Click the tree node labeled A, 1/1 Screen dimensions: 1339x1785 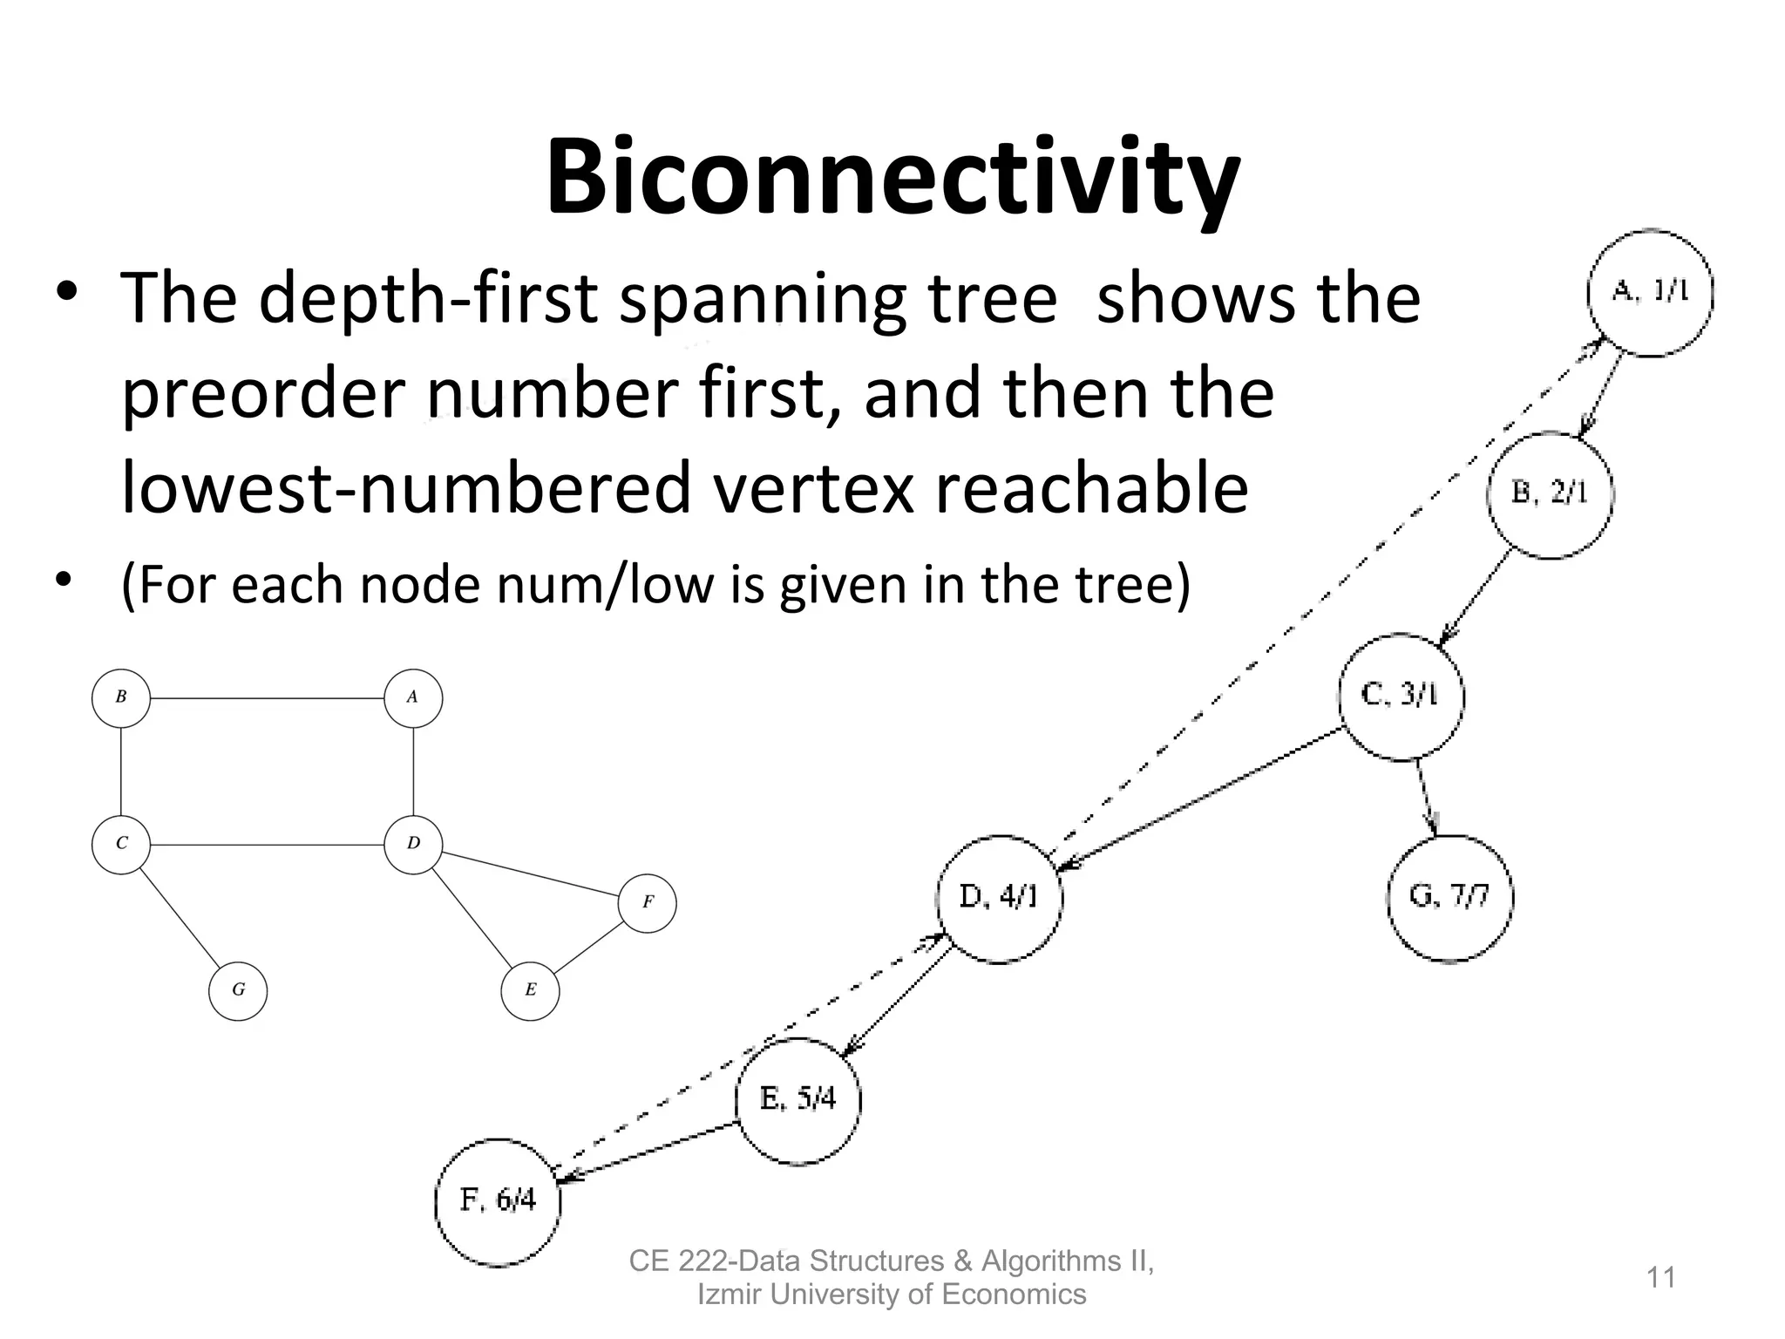1650,293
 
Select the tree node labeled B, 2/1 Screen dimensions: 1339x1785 1550,494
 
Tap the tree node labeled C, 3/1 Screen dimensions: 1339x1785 1401,697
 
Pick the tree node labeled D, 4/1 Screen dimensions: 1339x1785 1000,898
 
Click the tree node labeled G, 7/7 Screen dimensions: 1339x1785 1449,898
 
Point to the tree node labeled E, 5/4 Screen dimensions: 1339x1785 797,1100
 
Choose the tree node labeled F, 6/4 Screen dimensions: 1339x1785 498,1202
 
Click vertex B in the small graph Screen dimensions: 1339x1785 121,697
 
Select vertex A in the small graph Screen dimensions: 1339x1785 413,697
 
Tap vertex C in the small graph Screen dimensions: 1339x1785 121,844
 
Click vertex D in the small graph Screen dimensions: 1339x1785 413,844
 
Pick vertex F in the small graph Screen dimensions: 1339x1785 648,903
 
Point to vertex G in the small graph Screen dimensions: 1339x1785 238,990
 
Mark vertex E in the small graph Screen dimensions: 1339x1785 530,990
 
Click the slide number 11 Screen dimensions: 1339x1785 1660,1278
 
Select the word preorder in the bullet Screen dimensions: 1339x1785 262,394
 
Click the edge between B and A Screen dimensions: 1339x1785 267,698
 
